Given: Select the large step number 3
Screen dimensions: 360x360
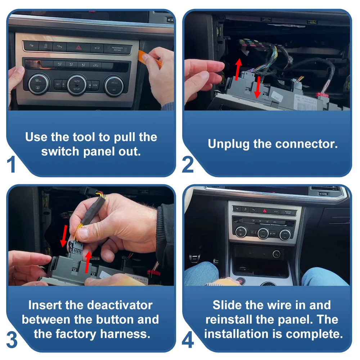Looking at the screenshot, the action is point(12,340).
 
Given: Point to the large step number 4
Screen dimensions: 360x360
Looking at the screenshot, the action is point(188,340).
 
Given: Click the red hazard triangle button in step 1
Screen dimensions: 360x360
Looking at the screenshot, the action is point(78,48).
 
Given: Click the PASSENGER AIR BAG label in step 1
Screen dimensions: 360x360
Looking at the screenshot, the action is point(117,49).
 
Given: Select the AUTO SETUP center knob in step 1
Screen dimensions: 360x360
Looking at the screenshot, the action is point(77,85).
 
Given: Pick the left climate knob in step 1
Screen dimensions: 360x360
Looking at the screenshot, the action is point(39,84).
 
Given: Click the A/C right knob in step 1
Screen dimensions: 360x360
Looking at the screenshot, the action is point(114,86).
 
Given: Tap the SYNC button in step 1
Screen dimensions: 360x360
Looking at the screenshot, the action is point(95,85).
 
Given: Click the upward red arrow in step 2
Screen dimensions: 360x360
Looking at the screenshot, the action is point(238,69).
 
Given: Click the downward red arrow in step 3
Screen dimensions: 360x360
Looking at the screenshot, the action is point(64,236).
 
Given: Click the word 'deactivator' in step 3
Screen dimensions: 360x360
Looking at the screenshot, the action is point(120,305).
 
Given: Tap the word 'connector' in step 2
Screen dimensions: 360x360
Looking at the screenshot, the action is point(306,144).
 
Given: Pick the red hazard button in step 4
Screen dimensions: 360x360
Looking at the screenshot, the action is point(265,210).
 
